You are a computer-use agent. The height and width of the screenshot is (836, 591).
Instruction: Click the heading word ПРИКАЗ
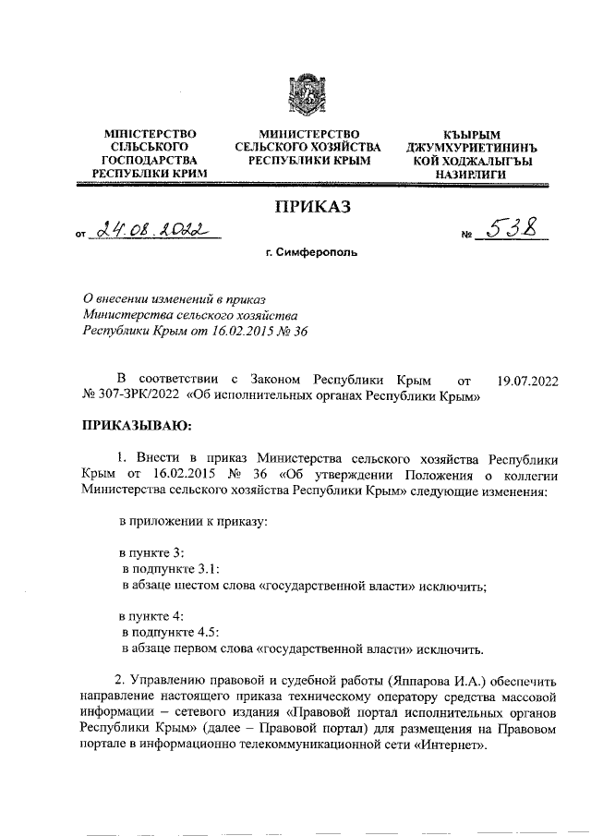(x=308, y=208)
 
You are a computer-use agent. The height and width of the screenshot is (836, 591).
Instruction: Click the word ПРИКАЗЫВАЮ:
(x=137, y=427)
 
